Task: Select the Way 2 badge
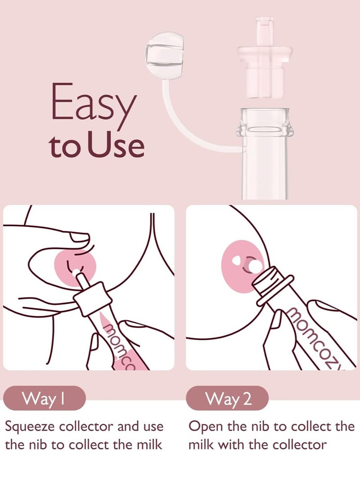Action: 228,399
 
